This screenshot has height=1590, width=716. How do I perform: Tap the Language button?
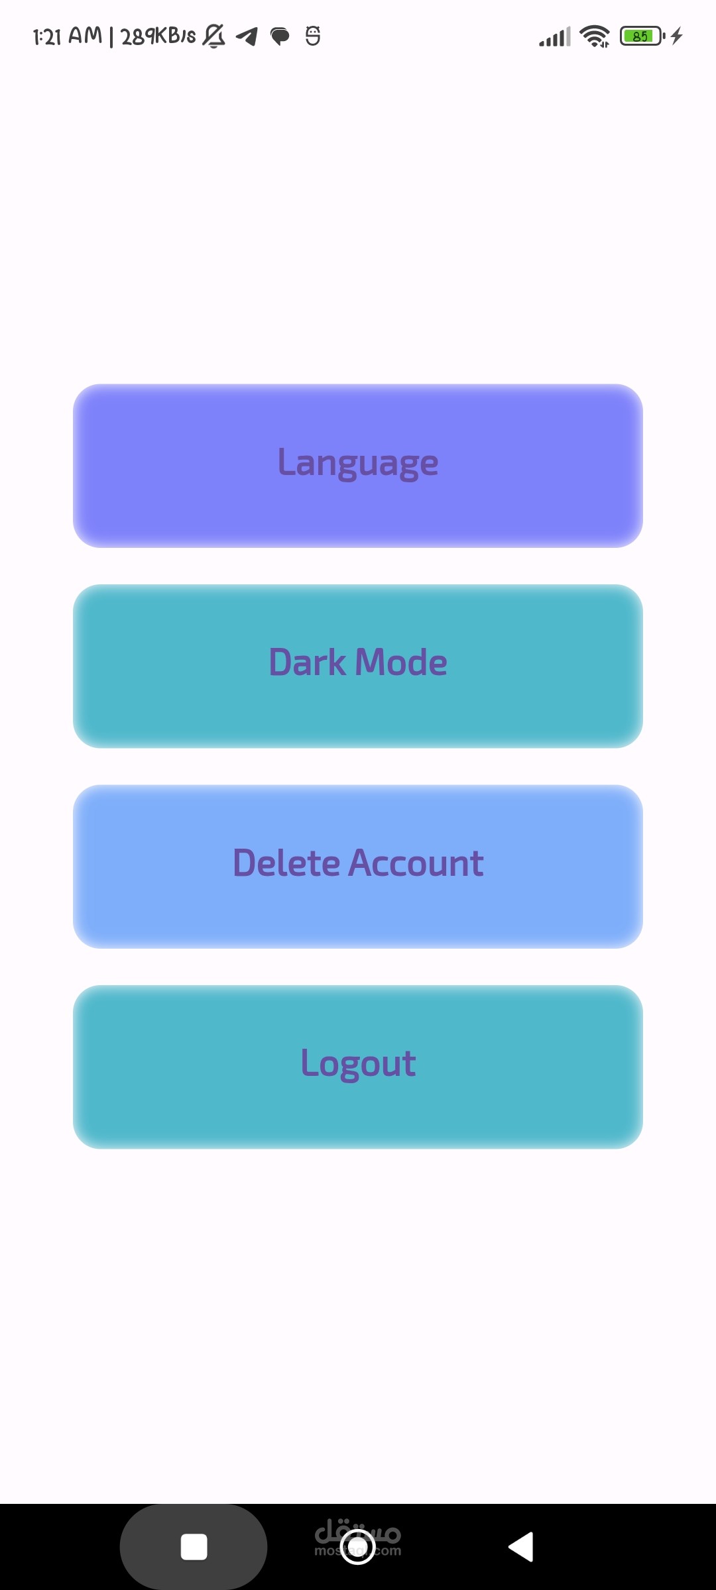pos(358,466)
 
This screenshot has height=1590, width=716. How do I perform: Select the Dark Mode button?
pos(358,666)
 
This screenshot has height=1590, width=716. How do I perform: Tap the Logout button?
pos(358,1067)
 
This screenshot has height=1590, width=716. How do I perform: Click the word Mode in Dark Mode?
pos(401,662)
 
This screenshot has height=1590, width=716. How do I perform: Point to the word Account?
pos(416,863)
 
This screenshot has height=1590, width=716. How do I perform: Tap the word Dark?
pos(308,662)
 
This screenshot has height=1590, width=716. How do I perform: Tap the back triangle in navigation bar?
pos(521,1547)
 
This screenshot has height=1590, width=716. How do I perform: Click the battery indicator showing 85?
pos(642,36)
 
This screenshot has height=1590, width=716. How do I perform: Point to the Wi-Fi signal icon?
pos(595,36)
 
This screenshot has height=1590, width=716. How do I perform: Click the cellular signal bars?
pos(555,37)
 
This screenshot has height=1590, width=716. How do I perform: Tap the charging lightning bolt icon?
pos(676,36)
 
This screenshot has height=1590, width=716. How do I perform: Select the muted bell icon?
pos(213,36)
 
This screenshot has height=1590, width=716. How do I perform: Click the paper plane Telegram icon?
pos(247,36)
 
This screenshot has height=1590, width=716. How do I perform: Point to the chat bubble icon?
pos(280,36)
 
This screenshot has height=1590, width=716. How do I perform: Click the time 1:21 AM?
pos(68,36)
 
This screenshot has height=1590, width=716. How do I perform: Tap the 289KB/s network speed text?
pos(158,36)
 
